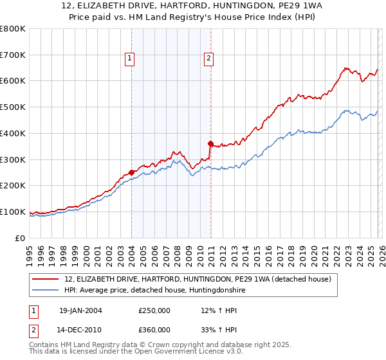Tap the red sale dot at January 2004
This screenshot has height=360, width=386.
click(x=131, y=172)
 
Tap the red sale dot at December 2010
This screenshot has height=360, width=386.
click(x=210, y=143)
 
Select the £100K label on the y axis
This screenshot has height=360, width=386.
click(x=13, y=212)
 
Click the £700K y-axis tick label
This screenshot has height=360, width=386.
click(x=13, y=55)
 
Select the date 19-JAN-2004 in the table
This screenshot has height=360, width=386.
click(x=80, y=310)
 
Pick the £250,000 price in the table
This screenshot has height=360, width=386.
click(x=154, y=310)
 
